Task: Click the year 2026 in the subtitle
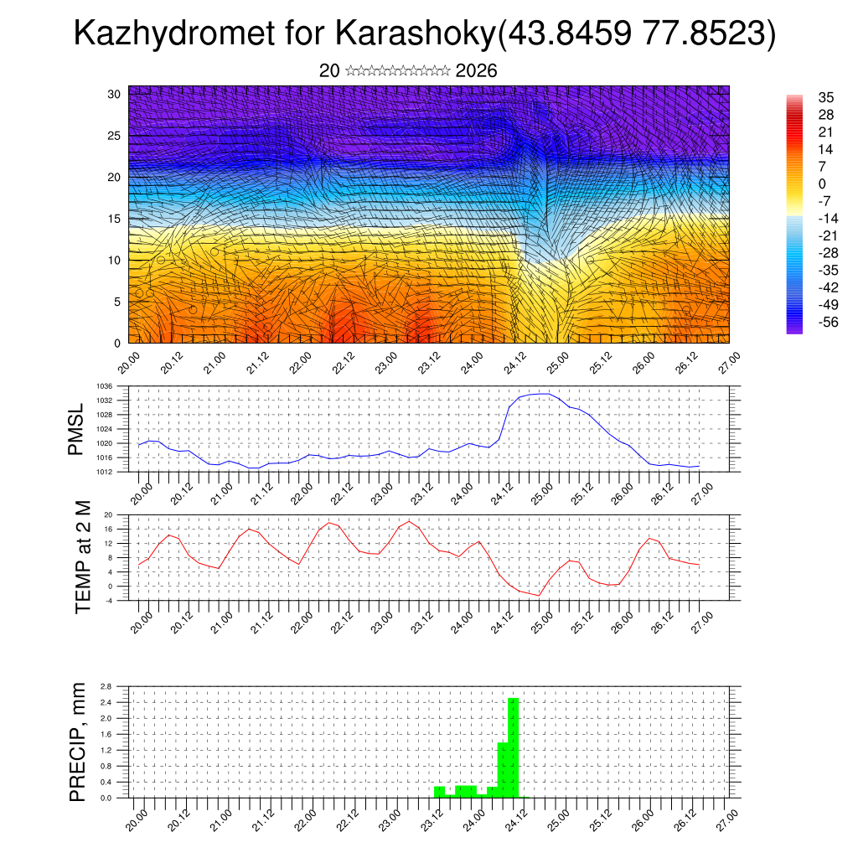click(x=476, y=71)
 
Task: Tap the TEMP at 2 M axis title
click(x=82, y=557)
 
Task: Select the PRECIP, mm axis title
click(x=78, y=742)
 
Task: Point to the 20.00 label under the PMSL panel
click(x=140, y=492)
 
